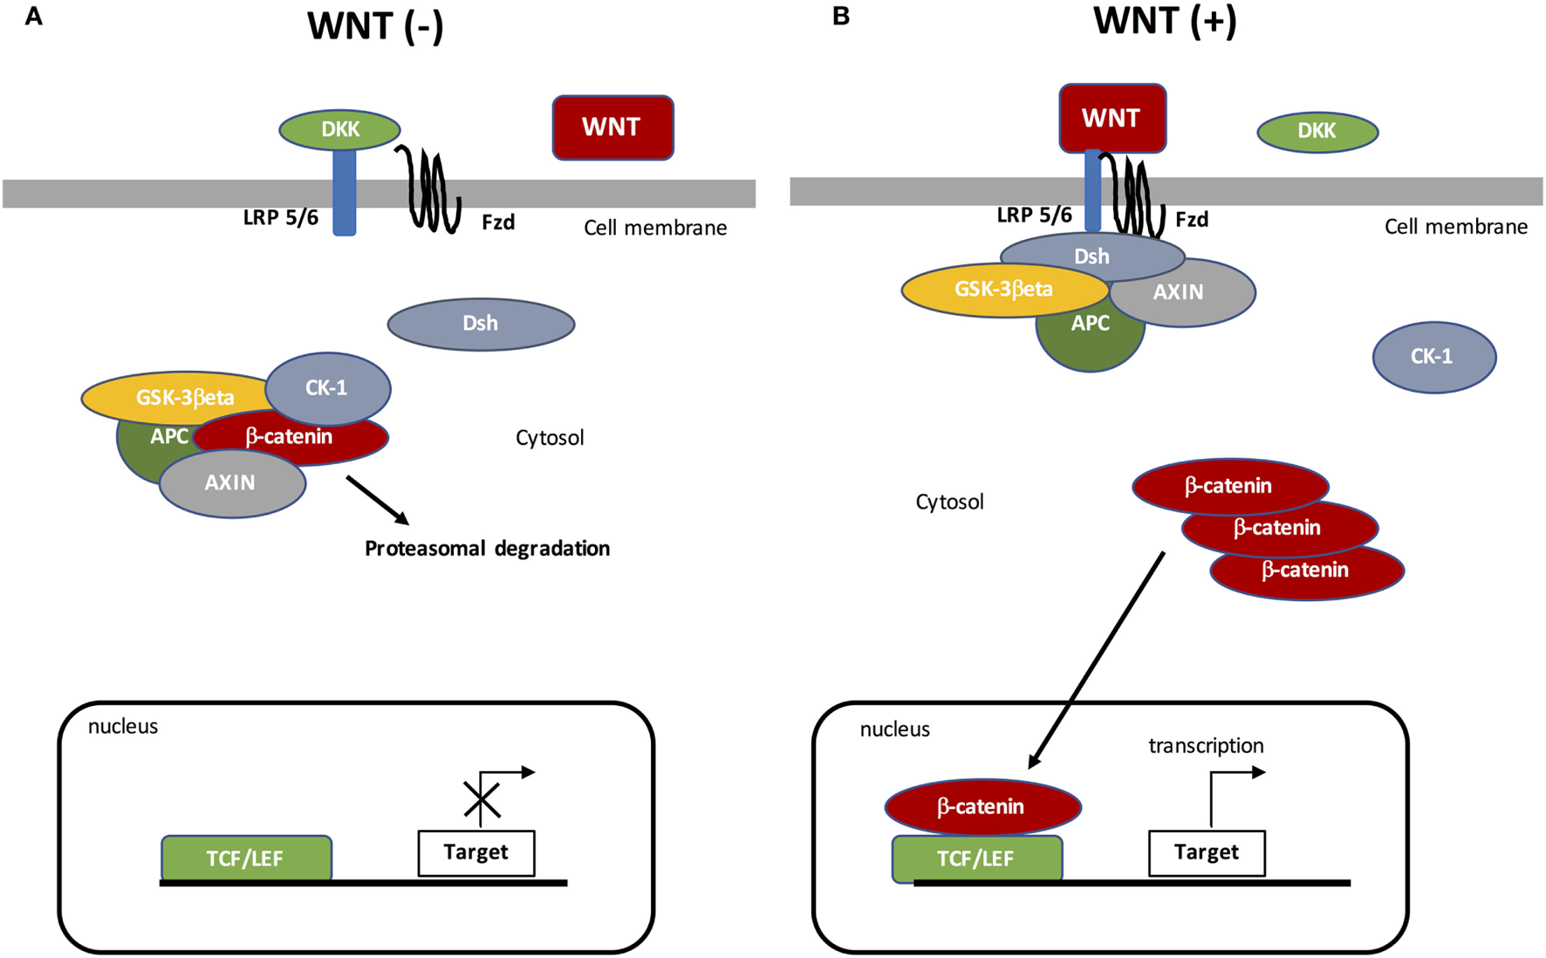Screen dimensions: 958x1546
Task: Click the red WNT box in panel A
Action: click(612, 127)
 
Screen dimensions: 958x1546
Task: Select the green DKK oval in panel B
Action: click(1317, 132)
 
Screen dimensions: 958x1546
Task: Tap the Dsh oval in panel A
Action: click(481, 324)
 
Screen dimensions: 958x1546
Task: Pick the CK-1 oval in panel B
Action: click(1433, 357)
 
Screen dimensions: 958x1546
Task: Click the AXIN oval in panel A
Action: click(231, 484)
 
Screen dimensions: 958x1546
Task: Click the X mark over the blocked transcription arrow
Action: click(482, 800)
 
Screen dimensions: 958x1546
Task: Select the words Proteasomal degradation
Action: click(487, 549)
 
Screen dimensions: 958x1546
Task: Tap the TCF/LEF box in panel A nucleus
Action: click(245, 859)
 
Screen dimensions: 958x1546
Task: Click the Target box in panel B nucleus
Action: click(1206, 852)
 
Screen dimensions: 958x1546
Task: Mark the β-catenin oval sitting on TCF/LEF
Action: click(982, 807)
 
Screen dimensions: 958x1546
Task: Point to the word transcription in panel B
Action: click(1206, 746)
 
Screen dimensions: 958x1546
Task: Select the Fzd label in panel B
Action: click(1192, 220)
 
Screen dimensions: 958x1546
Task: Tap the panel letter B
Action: click(841, 17)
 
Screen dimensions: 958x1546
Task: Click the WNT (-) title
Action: click(375, 26)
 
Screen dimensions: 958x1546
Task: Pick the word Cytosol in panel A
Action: click(550, 438)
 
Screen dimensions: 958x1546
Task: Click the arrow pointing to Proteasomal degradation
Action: click(377, 500)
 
